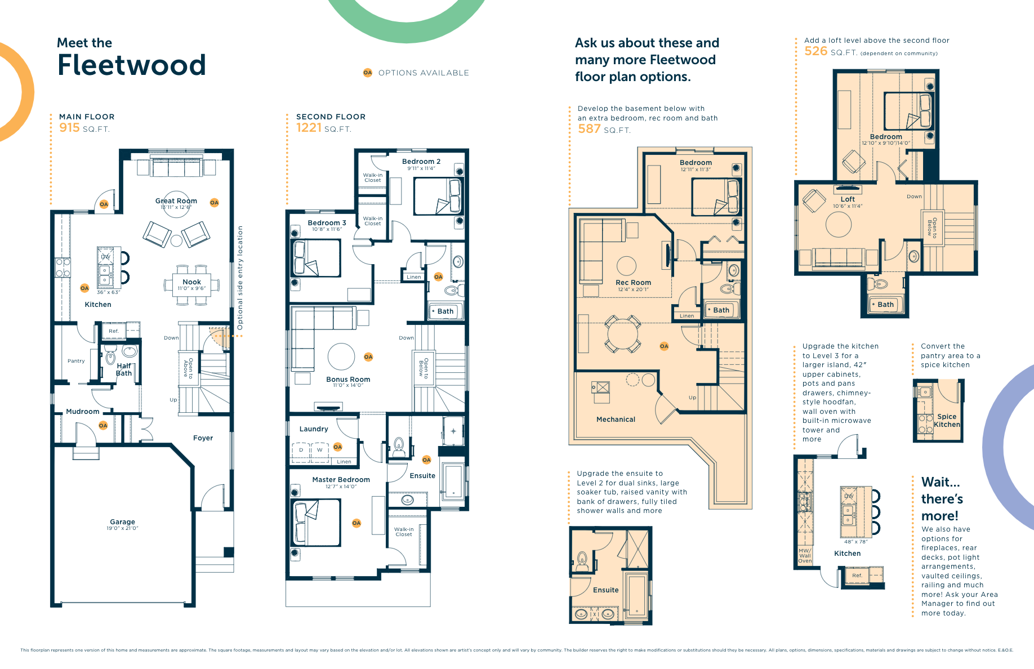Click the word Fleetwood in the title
(131, 65)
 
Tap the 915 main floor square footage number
(69, 128)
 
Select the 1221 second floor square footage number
(309, 128)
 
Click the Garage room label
(122, 522)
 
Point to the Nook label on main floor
(191, 282)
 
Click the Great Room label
(176, 201)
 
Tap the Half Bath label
(124, 369)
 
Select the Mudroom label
(83, 412)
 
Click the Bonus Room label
(348, 380)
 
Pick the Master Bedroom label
(341, 480)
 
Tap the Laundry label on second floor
(314, 429)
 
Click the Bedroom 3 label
(327, 223)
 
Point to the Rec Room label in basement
(633, 283)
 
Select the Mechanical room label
(616, 420)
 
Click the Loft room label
(848, 199)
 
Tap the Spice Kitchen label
(947, 421)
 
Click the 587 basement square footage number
(589, 129)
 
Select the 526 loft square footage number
(815, 51)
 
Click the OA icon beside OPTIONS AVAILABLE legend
(368, 73)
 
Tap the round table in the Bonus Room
(341, 356)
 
